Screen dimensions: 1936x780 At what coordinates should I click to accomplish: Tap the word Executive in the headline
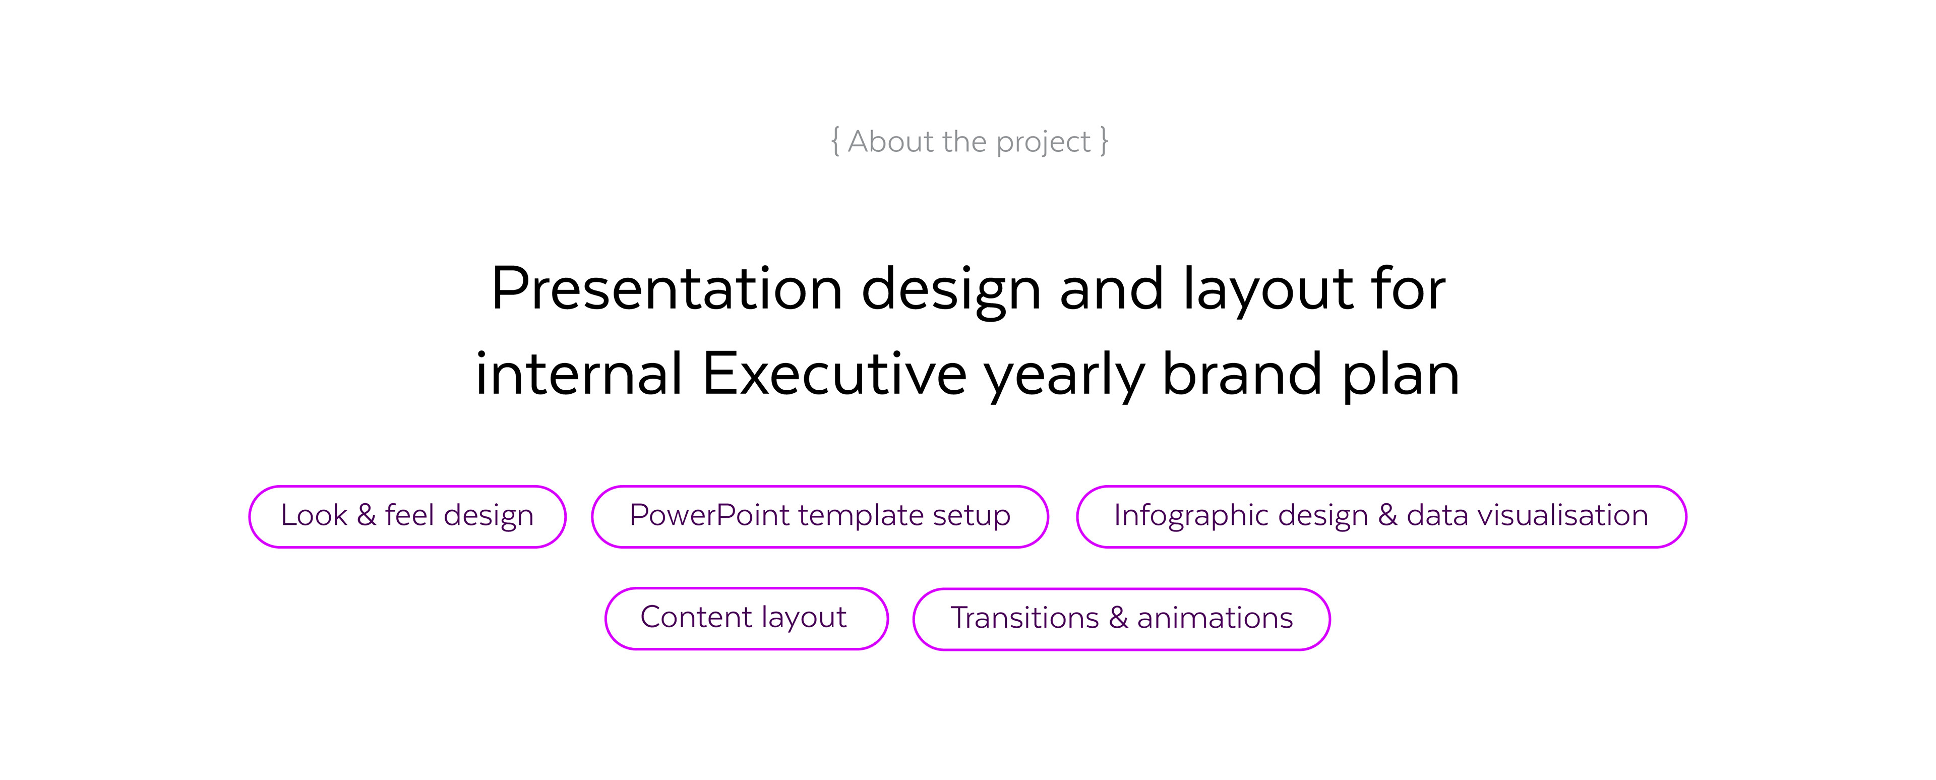point(834,374)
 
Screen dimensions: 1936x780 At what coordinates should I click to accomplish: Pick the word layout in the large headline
point(1267,291)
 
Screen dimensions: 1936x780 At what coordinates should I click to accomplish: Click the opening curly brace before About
point(835,141)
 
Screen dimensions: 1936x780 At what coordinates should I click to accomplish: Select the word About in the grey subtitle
point(890,141)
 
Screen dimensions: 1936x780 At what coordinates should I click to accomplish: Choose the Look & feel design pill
point(407,516)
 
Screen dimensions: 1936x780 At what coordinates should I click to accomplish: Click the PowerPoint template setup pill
point(820,516)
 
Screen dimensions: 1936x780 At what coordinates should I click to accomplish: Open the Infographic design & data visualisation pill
point(1381,516)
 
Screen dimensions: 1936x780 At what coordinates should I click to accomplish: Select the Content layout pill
point(746,619)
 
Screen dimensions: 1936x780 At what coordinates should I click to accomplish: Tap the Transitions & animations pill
point(1121,619)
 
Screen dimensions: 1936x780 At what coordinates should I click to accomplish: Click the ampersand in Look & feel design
point(366,515)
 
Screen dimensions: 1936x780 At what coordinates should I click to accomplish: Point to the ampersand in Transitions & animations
point(1118,618)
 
